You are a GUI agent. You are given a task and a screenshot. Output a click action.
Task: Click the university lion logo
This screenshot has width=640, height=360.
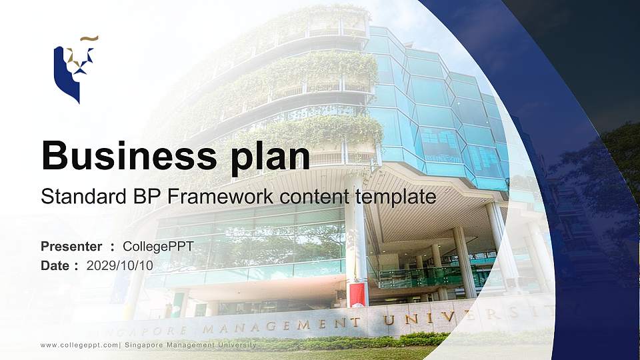pos(73,70)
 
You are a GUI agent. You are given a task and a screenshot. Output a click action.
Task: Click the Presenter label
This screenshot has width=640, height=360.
pos(71,247)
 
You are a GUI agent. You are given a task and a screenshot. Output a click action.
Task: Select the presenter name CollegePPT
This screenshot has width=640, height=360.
pos(158,247)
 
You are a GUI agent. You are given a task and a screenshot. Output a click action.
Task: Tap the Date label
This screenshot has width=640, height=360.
pos(55,265)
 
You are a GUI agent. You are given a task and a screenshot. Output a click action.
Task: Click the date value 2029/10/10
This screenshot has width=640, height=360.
pos(120,265)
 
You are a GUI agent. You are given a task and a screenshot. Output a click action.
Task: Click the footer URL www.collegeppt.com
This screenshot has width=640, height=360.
pos(79,345)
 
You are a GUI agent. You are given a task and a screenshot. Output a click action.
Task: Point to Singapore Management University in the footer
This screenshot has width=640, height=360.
pos(190,345)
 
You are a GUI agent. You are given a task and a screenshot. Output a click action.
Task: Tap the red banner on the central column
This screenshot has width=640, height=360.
pos(357,294)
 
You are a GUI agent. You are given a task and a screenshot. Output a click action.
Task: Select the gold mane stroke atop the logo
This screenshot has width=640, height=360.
pos(89,39)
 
